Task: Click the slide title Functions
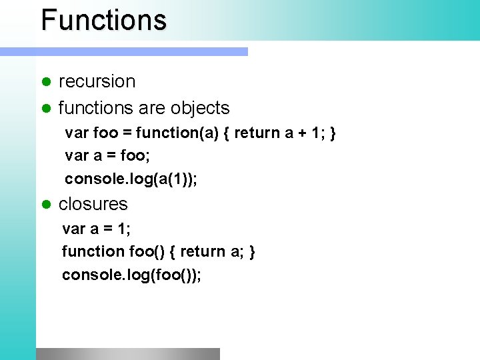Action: coord(103,20)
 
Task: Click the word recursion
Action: coord(97,81)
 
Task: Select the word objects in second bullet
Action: coord(199,108)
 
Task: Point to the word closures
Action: coord(93,204)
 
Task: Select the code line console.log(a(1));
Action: coord(131,179)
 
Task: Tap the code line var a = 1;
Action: coord(96,229)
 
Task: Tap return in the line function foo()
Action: coord(203,252)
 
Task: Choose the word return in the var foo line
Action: coord(257,133)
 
